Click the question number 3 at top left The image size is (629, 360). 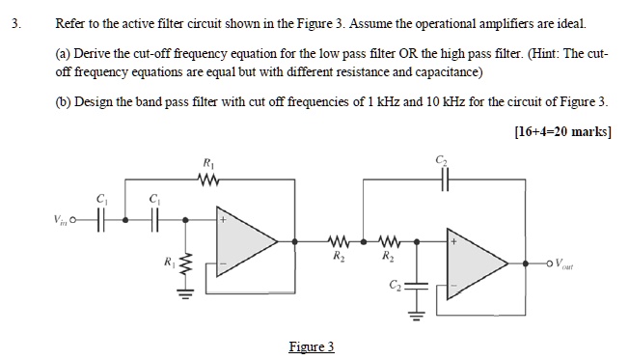14,21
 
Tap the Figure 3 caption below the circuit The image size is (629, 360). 311,346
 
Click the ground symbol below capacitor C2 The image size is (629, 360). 418,314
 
